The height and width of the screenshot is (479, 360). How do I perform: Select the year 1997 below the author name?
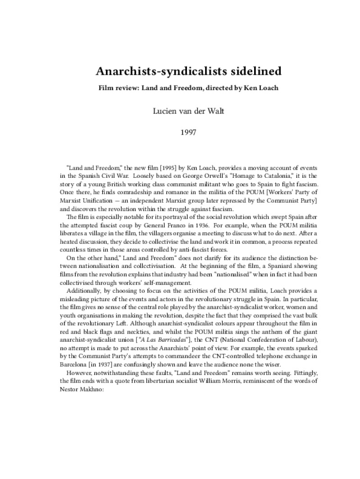[x=180, y=133]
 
